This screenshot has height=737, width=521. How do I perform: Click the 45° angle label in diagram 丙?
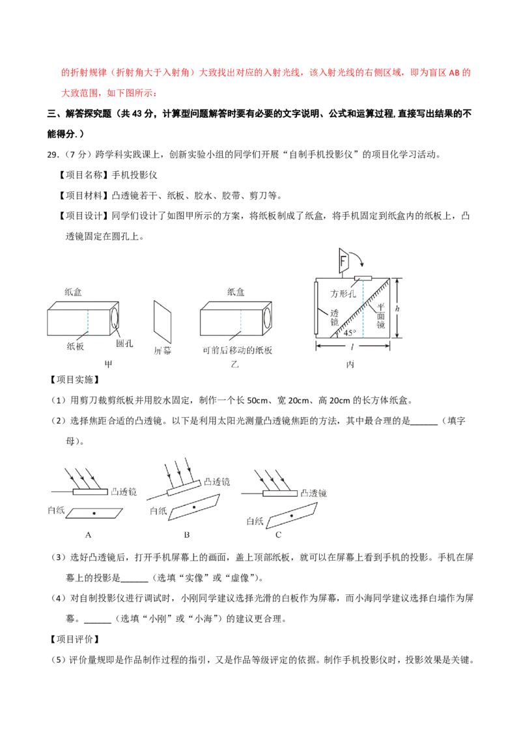350,333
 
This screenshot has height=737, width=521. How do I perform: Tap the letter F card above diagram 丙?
343,261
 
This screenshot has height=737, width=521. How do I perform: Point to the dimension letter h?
397,309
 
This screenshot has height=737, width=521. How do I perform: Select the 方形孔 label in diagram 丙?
343,294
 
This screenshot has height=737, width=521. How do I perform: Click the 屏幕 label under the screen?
163,351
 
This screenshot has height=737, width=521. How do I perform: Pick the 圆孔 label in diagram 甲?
124,344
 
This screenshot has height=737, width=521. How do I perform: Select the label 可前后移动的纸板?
238,350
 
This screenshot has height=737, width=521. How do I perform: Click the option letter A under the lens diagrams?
88,535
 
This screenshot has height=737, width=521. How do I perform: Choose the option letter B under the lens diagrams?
187,535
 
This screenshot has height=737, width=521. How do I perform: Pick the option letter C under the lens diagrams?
278,535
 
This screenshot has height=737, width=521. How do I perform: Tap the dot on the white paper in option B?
194,507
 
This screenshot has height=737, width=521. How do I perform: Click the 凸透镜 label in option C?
314,493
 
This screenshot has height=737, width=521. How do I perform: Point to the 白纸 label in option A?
57,510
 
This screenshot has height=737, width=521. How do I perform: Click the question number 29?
53,155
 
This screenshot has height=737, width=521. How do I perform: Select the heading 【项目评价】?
74,639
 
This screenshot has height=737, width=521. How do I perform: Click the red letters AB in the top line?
454,73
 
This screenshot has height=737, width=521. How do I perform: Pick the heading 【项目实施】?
74,380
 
